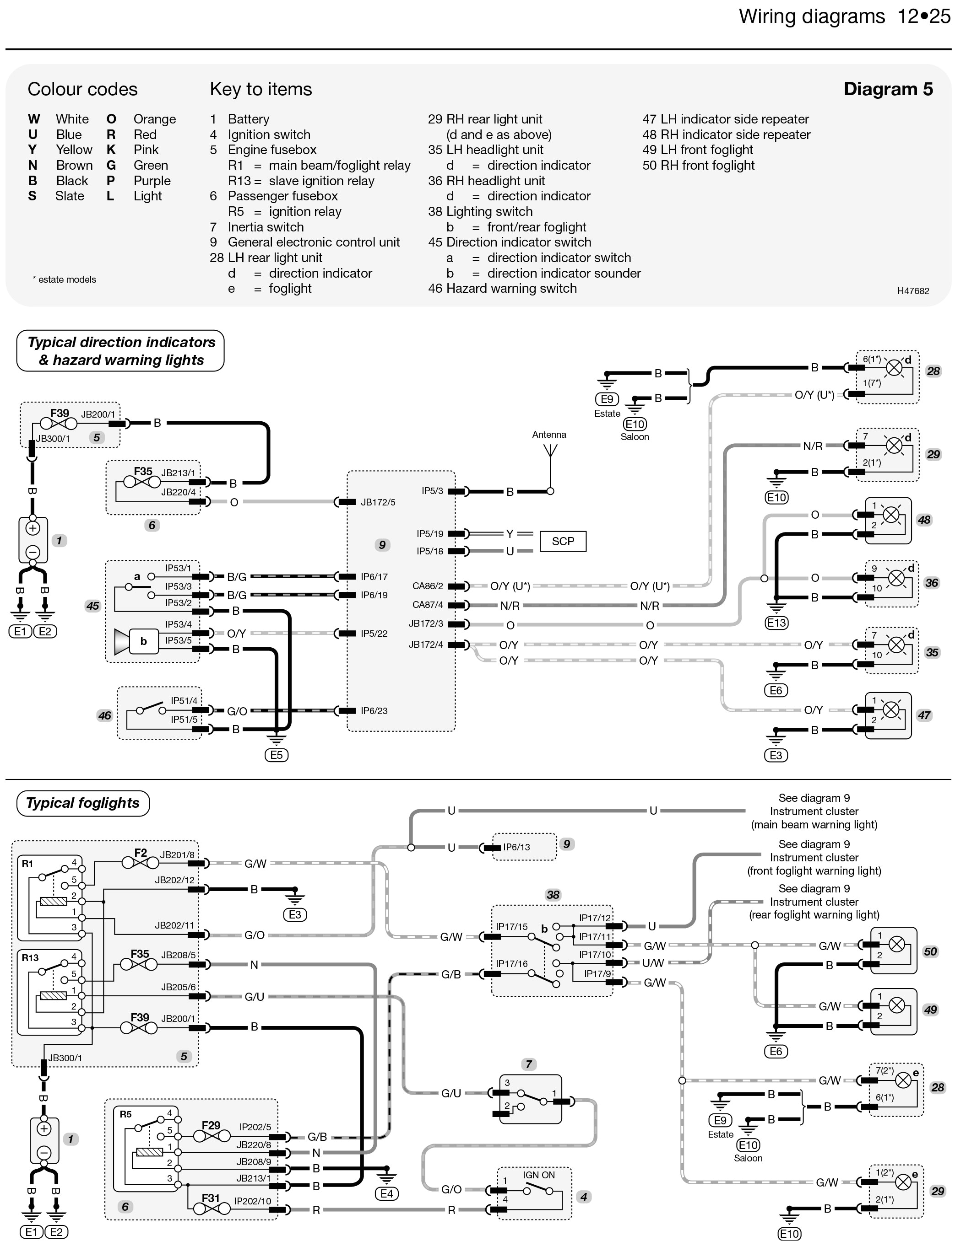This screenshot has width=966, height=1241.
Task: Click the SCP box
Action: (x=562, y=541)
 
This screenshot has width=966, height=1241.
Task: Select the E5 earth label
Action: (x=277, y=755)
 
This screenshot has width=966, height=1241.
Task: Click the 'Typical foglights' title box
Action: (x=83, y=803)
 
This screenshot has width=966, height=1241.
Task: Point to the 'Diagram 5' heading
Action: (x=888, y=89)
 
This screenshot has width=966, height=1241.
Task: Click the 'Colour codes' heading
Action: (x=82, y=89)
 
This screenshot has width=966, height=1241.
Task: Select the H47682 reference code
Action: (x=912, y=291)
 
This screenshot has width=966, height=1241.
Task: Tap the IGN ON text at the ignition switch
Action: (x=538, y=1175)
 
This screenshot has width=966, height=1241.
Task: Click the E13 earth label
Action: (x=776, y=623)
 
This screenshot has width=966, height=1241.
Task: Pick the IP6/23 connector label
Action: (x=374, y=710)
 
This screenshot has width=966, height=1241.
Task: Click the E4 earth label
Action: (x=386, y=1193)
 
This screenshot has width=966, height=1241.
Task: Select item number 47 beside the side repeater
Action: (x=924, y=715)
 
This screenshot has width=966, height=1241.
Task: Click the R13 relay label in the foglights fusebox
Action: (x=30, y=957)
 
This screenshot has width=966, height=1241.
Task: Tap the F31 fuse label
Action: (x=211, y=1198)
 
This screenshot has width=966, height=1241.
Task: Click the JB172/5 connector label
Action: (x=378, y=502)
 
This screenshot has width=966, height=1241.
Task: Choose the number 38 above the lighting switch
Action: (x=553, y=894)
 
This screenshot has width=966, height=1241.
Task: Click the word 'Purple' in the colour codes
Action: (x=152, y=181)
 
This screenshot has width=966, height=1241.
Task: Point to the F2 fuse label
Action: (x=141, y=852)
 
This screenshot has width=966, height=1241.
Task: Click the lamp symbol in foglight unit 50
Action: (x=896, y=945)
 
